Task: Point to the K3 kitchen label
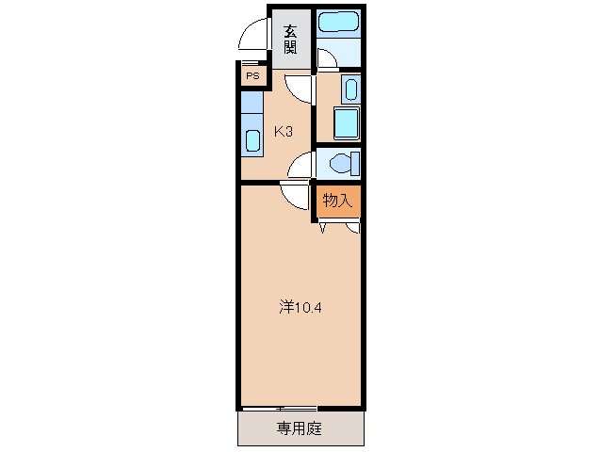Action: [284, 132]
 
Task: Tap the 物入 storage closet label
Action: [337, 200]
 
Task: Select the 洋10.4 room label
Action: [302, 307]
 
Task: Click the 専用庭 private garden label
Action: [300, 428]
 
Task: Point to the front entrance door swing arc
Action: [253, 36]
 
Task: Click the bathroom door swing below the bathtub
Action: [326, 59]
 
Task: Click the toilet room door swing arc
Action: [300, 166]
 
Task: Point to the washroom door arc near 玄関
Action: [300, 89]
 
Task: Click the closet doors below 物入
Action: [339, 225]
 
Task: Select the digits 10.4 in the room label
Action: [310, 307]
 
